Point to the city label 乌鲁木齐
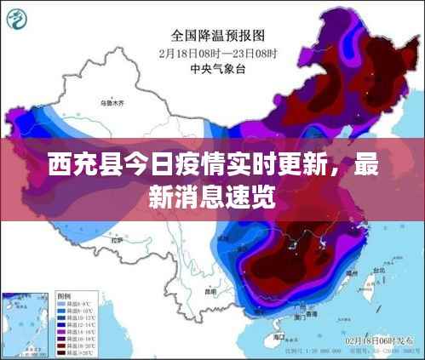click(112, 103)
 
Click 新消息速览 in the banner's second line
click(213, 196)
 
